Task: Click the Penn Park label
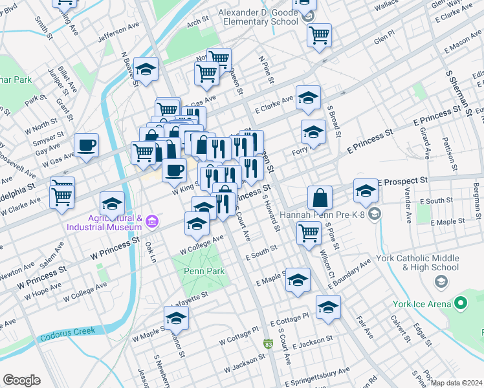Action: (x=204, y=271)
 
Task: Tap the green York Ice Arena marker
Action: (x=460, y=303)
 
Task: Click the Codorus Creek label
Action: (x=67, y=332)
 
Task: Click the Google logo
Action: (x=21, y=380)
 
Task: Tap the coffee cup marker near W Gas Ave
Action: (x=86, y=145)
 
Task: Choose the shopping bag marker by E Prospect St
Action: (x=320, y=197)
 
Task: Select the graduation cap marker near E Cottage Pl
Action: (x=328, y=307)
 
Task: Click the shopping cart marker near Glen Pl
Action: (x=319, y=35)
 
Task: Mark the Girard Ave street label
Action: (x=426, y=144)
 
